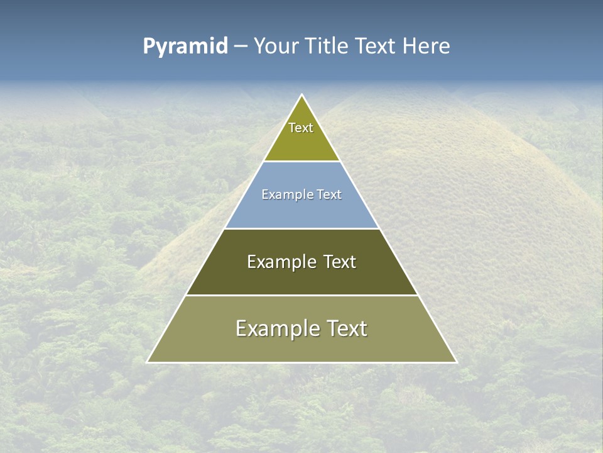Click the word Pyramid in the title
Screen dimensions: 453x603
pos(185,47)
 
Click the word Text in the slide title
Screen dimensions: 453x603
pos(375,47)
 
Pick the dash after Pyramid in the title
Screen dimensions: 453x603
pos(241,47)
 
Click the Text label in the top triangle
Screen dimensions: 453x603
pos(301,128)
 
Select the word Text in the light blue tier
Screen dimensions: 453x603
pos(330,195)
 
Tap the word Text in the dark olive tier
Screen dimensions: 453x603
pos(340,262)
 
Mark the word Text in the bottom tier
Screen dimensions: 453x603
pos(346,328)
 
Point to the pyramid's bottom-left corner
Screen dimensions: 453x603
pos(148,362)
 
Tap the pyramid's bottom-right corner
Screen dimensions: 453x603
pos(457,362)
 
